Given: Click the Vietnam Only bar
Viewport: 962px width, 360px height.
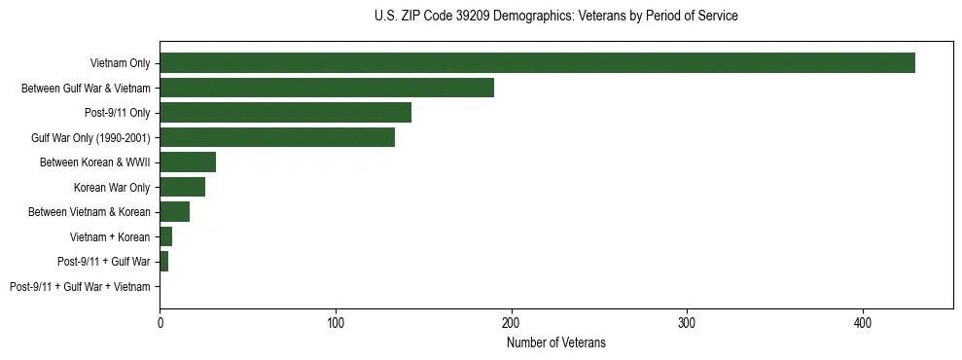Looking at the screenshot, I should [537, 63].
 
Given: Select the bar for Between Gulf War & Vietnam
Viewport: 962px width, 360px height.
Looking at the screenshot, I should [327, 88].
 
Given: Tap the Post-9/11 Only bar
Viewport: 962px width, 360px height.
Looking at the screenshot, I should [285, 113].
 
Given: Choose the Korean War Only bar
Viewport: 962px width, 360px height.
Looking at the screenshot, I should [182, 187].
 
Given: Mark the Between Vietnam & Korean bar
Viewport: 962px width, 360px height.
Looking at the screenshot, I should [174, 212].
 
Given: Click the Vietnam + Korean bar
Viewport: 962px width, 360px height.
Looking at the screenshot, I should [165, 236].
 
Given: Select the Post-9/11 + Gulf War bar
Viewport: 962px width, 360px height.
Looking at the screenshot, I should [163, 262].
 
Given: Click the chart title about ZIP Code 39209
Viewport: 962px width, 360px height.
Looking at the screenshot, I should [555, 17].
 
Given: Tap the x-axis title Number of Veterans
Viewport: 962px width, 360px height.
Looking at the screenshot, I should [555, 342].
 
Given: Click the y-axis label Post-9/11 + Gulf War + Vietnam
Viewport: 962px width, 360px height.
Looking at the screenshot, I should [80, 287].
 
